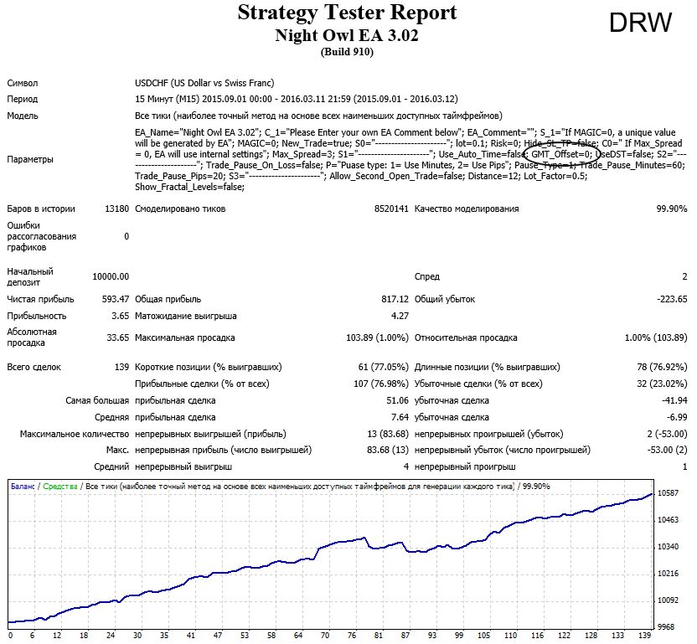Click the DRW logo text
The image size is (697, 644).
[x=641, y=23]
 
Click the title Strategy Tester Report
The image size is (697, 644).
[x=347, y=13]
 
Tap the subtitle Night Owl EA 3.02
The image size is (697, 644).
[x=347, y=35]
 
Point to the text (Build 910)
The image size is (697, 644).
[x=347, y=52]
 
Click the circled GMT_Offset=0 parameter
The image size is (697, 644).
[x=561, y=154]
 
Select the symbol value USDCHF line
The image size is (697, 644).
[x=204, y=83]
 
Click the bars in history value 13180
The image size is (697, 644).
[x=117, y=209]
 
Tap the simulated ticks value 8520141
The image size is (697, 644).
[x=391, y=209]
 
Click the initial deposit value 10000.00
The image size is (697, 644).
[x=111, y=277]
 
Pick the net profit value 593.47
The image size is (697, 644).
[x=116, y=300]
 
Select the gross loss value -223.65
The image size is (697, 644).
[x=672, y=300]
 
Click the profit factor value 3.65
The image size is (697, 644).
[x=120, y=316]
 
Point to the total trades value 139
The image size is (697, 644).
[x=121, y=367]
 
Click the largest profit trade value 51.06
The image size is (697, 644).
[x=397, y=400]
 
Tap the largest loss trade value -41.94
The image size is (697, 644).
[x=674, y=400]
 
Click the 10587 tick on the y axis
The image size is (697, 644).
[x=669, y=493]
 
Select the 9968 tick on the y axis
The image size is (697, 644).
[x=666, y=627]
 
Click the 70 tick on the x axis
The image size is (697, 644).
[x=325, y=636]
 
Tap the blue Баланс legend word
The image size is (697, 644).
[x=23, y=487]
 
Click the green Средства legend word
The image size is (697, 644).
[x=60, y=487]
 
